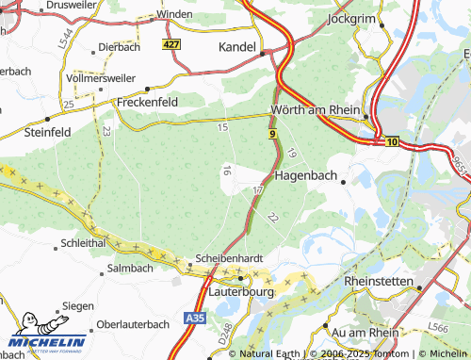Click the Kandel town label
click(x=236, y=46)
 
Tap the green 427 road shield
click(x=171, y=44)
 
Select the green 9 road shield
click(x=272, y=136)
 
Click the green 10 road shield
click(x=392, y=140)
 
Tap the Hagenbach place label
click(x=305, y=175)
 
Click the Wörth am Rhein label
click(x=315, y=110)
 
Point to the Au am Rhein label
click(x=367, y=333)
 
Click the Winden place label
click(x=173, y=15)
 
